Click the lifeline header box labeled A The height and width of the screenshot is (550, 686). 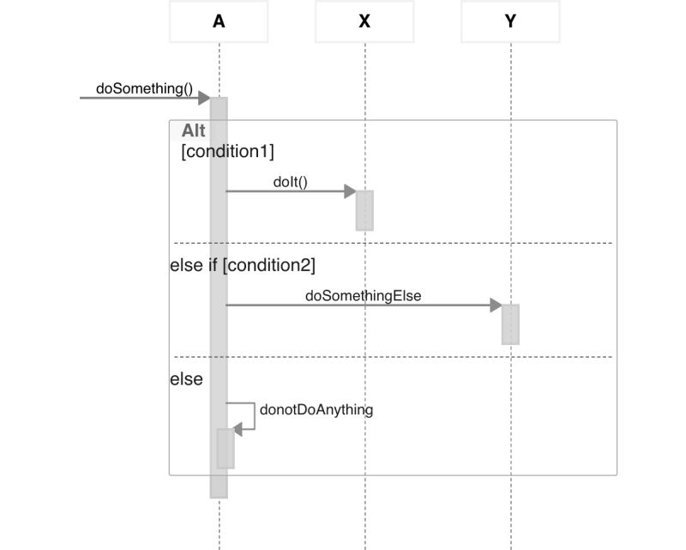tap(219, 21)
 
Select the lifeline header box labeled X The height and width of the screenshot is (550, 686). tap(364, 21)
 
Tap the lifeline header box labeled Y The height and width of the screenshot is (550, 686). tap(510, 21)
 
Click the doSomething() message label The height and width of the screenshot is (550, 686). tap(144, 88)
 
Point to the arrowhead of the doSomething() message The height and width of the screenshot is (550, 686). tap(204, 98)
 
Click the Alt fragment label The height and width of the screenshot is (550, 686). tap(193, 131)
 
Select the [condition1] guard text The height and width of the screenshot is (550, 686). tap(227, 152)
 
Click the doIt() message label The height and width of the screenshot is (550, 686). tap(290, 181)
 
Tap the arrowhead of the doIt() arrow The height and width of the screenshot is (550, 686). tap(350, 191)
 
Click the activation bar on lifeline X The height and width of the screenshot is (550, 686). tap(364, 210)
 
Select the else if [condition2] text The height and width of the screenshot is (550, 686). tap(243, 265)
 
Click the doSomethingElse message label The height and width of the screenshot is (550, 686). tap(363, 295)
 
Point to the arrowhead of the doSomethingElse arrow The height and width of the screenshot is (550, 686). tap(496, 305)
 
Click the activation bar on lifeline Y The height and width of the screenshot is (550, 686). tap(510, 324)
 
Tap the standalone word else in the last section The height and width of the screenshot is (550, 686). tap(186, 378)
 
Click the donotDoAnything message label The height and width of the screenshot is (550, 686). tap(316, 409)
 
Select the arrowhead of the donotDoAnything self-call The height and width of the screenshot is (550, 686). tap(238, 430)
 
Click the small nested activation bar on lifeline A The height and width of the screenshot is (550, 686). tap(226, 448)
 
